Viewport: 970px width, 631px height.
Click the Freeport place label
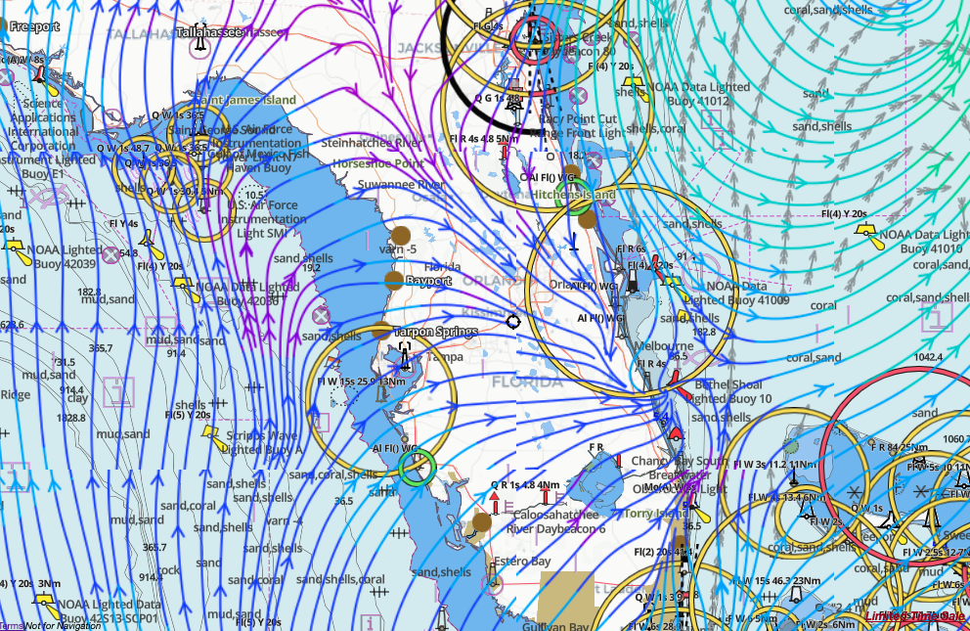click(x=34, y=25)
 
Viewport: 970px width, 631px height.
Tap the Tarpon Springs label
click(x=435, y=333)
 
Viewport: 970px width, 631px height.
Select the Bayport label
click(x=428, y=281)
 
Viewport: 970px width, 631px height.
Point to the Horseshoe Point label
click(x=378, y=163)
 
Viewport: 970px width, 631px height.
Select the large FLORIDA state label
click(x=527, y=382)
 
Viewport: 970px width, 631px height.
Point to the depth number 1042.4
click(x=927, y=358)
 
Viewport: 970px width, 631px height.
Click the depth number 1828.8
click(x=44, y=418)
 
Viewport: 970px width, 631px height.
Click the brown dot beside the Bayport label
click(x=393, y=281)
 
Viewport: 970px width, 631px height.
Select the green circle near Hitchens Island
click(x=579, y=197)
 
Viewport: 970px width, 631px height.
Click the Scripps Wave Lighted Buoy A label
click(x=264, y=443)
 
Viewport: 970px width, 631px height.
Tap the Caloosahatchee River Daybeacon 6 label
click(x=555, y=521)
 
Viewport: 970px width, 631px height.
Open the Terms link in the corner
click(x=11, y=625)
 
